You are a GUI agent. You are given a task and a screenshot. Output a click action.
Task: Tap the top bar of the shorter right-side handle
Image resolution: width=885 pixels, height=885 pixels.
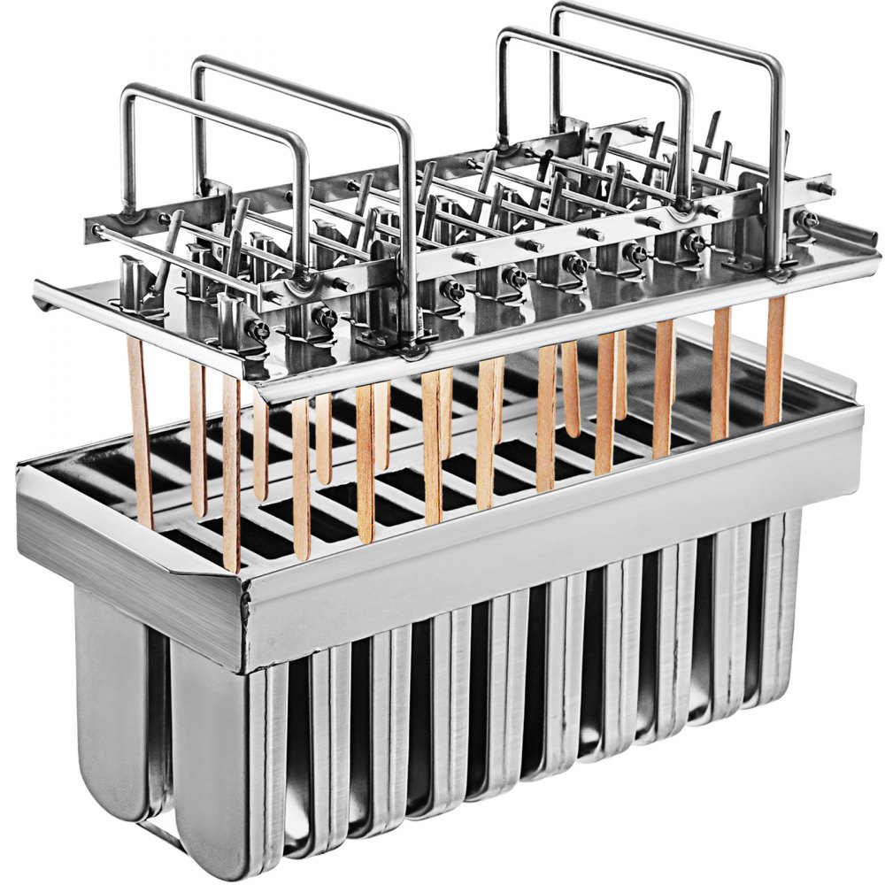click(593, 42)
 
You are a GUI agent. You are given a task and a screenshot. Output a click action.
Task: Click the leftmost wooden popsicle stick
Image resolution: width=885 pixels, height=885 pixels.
click(140, 434)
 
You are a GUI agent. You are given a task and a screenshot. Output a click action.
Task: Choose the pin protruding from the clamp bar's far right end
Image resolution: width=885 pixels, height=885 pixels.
click(827, 189)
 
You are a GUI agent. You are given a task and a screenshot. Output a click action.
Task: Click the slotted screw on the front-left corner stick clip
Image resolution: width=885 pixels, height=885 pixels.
click(258, 329)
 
